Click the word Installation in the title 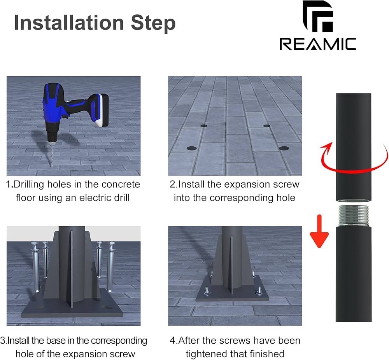[x=69, y=23]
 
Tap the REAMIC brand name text [x=318, y=44]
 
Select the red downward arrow [x=319, y=231]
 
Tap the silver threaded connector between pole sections [x=353, y=216]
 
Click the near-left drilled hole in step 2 [x=191, y=148]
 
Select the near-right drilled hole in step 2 [x=284, y=148]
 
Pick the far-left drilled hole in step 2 [x=204, y=126]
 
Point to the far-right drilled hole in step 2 [x=267, y=126]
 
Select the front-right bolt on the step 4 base [x=259, y=291]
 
